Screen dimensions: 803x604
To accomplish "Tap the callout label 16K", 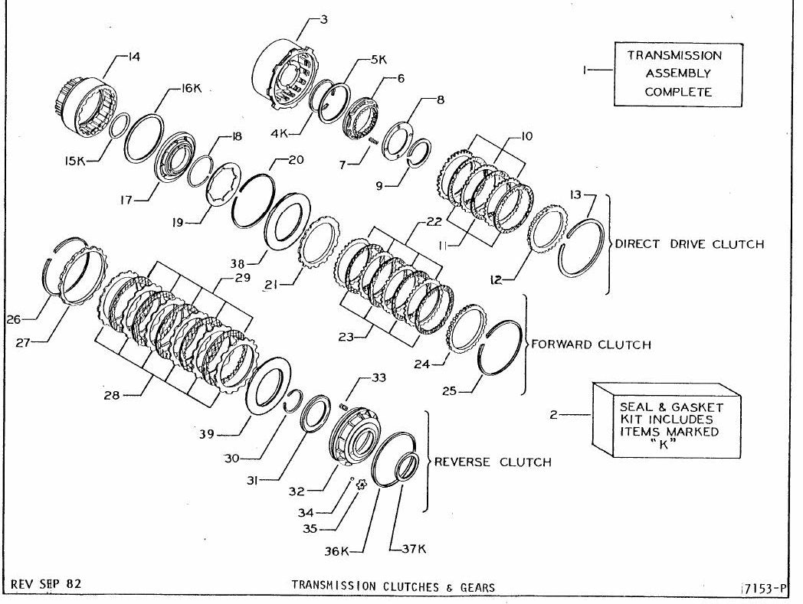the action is [192, 89].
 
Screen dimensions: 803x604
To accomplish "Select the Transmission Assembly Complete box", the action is [678, 74].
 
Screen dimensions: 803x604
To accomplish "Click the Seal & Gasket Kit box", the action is [667, 420].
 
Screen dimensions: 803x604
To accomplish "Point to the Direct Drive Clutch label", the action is [690, 244].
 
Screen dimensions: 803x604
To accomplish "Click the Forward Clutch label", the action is [591, 344].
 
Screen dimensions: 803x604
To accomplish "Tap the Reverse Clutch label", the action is [493, 462].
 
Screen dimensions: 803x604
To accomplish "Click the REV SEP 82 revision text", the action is [45, 583].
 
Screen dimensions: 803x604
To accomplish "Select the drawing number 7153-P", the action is [765, 589].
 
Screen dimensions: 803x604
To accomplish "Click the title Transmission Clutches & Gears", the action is [393, 586].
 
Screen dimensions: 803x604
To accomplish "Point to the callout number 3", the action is [323, 20].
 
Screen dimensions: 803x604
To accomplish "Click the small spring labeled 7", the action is [373, 139].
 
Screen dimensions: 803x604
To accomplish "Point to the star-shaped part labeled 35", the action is [362, 485].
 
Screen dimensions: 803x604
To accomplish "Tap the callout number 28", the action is [112, 395].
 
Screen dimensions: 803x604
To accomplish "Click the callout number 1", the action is [584, 70].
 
